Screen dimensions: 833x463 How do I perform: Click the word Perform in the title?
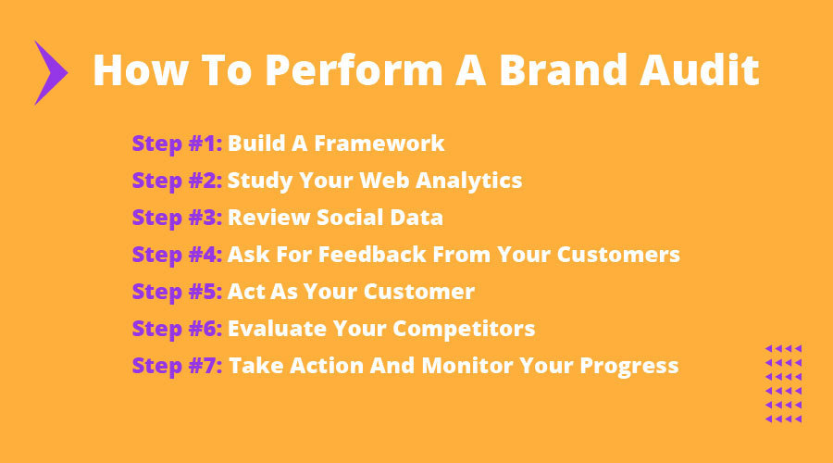coord(354,69)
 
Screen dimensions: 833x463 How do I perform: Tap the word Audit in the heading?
coord(700,69)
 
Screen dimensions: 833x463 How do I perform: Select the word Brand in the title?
coord(564,69)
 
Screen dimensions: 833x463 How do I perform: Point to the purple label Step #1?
coord(177,144)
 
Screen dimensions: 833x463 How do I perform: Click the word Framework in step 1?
coord(379,143)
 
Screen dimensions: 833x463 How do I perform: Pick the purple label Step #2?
coord(177,181)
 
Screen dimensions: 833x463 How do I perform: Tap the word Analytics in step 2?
coord(468,181)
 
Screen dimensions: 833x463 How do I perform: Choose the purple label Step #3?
coord(177,218)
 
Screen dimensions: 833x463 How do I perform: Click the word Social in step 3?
coord(350,218)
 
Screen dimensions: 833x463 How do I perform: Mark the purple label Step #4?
coord(177,255)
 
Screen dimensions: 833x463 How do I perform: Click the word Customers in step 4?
coord(618,254)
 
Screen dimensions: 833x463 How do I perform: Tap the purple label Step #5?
coord(177,292)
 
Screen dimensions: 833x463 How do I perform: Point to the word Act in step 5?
coord(246,292)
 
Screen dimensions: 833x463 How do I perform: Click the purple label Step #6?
coord(177,329)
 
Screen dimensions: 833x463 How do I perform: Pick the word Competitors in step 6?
coord(464,329)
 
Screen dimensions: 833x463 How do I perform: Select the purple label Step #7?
coord(177,366)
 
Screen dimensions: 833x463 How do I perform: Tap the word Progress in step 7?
coord(629,366)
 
